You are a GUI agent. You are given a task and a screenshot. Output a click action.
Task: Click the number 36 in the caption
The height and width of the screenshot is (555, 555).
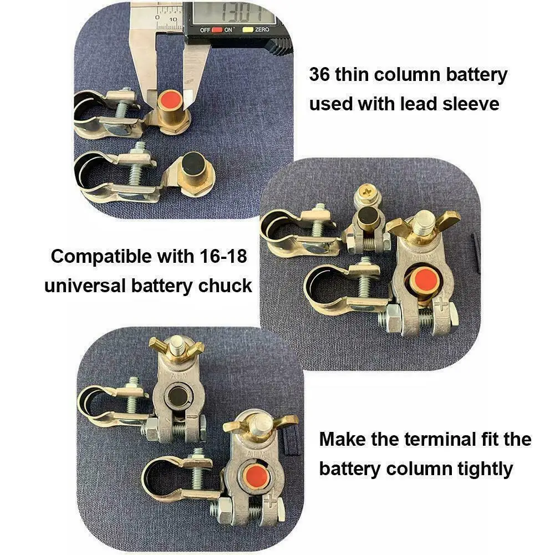(x=319, y=75)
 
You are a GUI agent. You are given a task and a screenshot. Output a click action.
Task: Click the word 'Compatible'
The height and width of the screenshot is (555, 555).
(x=100, y=257)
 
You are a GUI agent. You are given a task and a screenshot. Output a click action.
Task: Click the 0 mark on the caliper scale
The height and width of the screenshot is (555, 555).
(x=157, y=19)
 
